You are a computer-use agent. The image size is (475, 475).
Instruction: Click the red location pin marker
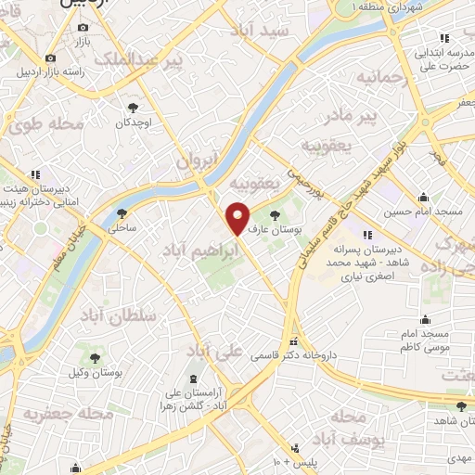[238, 218]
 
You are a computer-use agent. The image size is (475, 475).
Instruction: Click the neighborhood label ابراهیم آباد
[198, 250]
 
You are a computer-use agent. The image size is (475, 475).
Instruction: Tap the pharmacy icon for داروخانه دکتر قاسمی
[295, 340]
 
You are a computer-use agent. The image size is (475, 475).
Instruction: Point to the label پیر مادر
[382, 115]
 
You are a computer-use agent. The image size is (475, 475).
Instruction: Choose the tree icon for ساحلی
[122, 213]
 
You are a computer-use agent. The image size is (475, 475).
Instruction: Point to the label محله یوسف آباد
[344, 428]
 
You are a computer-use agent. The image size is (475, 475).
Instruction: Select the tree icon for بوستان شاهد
[460, 404]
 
